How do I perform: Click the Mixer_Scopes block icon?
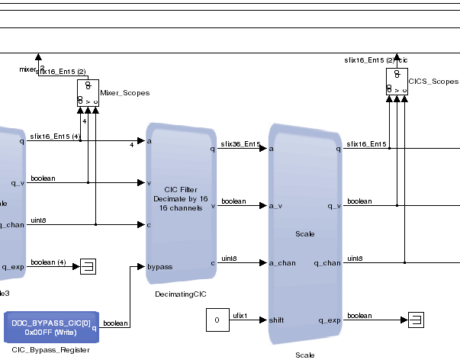(x=88, y=92)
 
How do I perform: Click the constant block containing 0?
(x=217, y=320)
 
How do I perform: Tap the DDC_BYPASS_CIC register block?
(x=51, y=327)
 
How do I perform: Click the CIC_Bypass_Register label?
(x=51, y=349)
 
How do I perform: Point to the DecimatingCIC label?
(x=181, y=294)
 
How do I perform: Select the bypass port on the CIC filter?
(x=159, y=267)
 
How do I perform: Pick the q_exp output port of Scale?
(x=328, y=320)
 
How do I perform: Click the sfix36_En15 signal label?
(x=240, y=143)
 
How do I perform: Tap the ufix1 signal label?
(x=240, y=315)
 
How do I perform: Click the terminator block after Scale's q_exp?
(x=416, y=320)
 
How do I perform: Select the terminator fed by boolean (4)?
(x=88, y=266)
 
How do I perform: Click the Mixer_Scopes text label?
(x=124, y=93)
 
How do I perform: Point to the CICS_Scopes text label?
(x=433, y=81)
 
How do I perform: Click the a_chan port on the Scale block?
(x=282, y=262)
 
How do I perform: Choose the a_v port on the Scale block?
(x=276, y=205)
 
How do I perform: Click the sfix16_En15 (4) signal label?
(x=55, y=137)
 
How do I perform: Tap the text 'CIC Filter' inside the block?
(x=182, y=190)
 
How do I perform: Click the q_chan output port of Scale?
(x=327, y=262)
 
